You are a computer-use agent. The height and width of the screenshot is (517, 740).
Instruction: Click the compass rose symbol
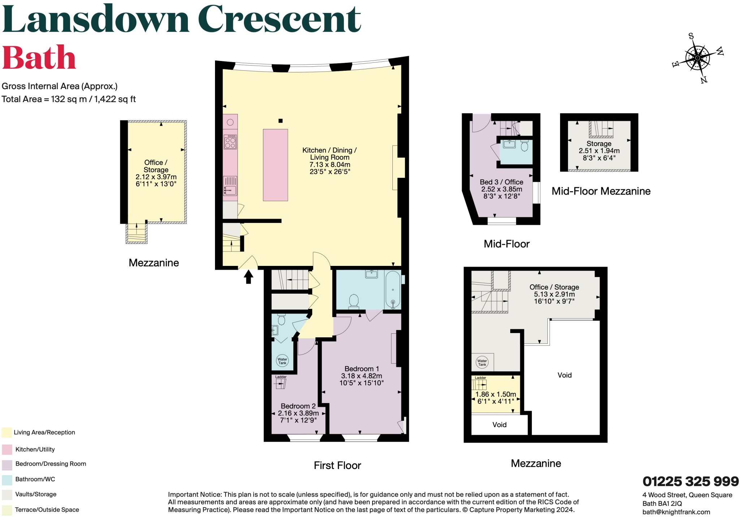(x=698, y=58)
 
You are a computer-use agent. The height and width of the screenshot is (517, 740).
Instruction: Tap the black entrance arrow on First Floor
(x=248, y=277)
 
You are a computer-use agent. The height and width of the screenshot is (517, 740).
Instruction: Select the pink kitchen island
(x=275, y=165)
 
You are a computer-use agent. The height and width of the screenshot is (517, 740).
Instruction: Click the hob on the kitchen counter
(x=230, y=142)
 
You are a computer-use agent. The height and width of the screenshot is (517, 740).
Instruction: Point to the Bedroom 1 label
(x=361, y=369)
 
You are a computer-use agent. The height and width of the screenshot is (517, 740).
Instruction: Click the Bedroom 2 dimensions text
(x=298, y=417)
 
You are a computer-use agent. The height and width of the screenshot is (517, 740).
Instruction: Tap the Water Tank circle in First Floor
(x=282, y=361)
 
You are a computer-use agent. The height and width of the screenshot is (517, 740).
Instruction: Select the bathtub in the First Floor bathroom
(x=393, y=290)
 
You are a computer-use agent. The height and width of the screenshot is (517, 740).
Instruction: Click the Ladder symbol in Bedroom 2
(x=281, y=384)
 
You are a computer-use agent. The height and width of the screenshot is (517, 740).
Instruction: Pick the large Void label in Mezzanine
(x=564, y=375)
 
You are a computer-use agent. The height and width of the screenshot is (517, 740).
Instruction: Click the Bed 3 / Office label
(x=501, y=182)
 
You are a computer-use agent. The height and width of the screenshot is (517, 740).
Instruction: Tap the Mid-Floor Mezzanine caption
(x=601, y=191)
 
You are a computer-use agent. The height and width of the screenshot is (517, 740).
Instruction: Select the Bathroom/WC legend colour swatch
(x=7, y=479)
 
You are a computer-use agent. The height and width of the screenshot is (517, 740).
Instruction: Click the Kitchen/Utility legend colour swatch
(x=7, y=450)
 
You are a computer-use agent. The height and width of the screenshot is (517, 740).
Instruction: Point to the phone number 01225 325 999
(x=690, y=482)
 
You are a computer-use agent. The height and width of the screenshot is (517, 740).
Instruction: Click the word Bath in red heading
(x=39, y=58)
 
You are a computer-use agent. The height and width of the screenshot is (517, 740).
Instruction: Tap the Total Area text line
(x=69, y=99)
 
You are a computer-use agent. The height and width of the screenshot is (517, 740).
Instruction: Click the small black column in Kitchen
(x=280, y=121)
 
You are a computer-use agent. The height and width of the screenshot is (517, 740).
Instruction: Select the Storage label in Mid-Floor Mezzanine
(x=599, y=144)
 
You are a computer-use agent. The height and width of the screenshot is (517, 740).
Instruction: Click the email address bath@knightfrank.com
(x=676, y=512)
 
